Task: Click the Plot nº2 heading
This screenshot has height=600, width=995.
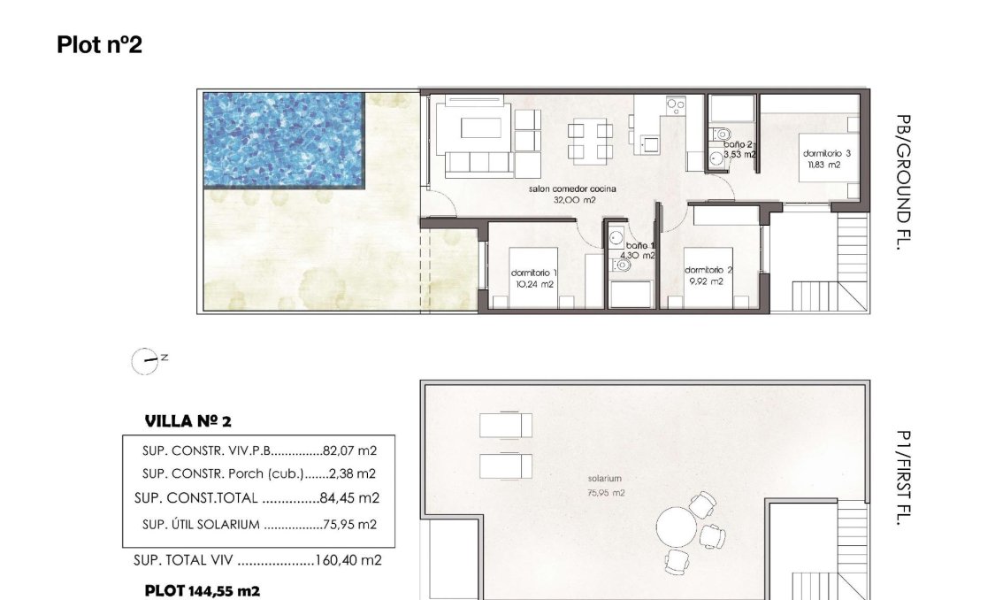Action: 99,44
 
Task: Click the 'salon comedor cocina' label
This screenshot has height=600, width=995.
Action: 572,190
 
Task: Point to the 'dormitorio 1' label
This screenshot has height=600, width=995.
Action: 533,273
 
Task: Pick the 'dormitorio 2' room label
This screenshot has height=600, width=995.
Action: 708,271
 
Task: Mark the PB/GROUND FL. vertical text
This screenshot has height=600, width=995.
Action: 902,183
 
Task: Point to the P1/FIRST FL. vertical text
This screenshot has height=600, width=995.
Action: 902,479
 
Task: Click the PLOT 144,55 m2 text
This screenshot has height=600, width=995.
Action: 203,589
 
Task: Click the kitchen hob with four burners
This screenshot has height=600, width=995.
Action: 677,105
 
